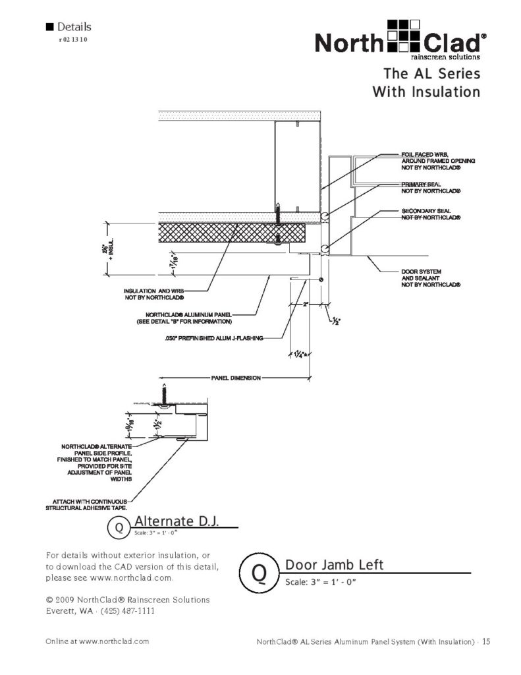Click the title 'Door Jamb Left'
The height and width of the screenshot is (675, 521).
[x=334, y=566]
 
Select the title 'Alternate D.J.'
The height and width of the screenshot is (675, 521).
[x=176, y=522]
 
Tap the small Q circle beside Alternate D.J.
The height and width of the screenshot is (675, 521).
[x=119, y=528]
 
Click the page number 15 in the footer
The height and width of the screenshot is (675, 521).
[x=485, y=641]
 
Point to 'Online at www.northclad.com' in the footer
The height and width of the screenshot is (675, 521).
[x=97, y=641]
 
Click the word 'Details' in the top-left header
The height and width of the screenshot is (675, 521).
[x=74, y=27]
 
